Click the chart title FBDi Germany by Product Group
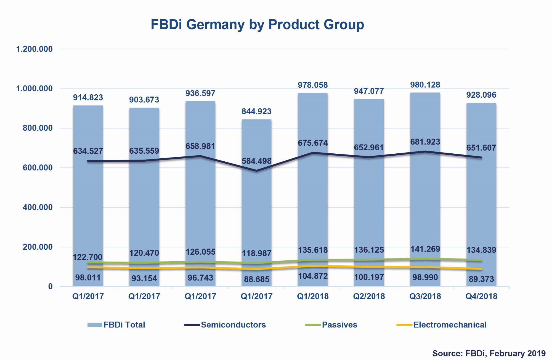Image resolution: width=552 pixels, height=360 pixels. (x=257, y=25)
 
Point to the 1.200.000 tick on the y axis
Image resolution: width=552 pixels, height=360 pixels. (x=34, y=49)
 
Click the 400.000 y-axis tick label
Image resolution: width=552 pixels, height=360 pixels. (x=38, y=207)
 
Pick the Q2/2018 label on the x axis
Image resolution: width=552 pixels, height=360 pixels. (x=369, y=296)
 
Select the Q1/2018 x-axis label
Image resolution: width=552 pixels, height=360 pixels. (x=313, y=296)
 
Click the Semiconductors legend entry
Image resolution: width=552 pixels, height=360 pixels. (x=233, y=325)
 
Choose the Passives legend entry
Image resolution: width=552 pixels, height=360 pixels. (x=339, y=325)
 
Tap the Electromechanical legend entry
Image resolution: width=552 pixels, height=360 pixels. (x=450, y=325)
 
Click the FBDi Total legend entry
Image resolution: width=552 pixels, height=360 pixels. (x=124, y=325)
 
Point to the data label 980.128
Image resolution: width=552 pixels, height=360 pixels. (x=425, y=85)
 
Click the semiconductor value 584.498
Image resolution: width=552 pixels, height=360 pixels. (x=257, y=161)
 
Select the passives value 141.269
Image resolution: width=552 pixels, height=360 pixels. (x=425, y=249)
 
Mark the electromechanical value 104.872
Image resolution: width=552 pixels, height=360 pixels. (x=313, y=276)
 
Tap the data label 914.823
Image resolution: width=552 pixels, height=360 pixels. (x=88, y=97)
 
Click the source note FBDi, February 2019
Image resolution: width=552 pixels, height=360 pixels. (x=489, y=353)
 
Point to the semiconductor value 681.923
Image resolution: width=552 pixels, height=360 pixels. (x=425, y=142)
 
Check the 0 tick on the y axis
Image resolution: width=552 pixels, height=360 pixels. (x=50, y=287)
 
